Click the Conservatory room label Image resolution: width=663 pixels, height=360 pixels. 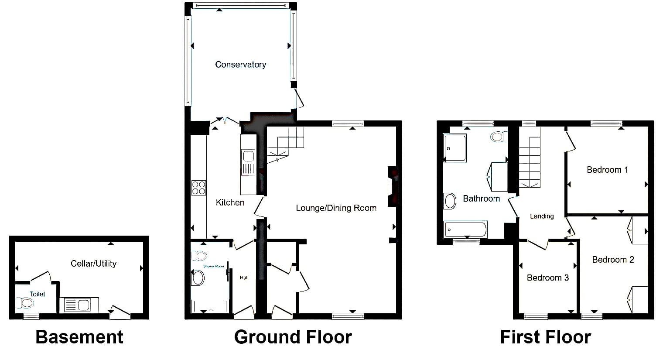coord(240,65)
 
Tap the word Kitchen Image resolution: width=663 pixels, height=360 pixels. coord(230,202)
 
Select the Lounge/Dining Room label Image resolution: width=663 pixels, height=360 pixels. coord(336,208)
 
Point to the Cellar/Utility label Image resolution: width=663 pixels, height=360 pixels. coord(93,264)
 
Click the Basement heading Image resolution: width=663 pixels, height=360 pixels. coord(79,337)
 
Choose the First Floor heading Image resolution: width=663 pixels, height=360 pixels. coord(546,337)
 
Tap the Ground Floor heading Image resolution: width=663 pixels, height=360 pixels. coord(293,337)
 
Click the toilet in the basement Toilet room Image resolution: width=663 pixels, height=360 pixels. coord(25,303)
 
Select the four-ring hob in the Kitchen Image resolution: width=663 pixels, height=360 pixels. coord(198,188)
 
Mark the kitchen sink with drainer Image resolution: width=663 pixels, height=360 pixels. coord(248,162)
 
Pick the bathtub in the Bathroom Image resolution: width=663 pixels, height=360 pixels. coord(465,230)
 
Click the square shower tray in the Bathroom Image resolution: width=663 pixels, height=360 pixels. coord(455,148)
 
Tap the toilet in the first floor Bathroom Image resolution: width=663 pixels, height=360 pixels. coord(499,137)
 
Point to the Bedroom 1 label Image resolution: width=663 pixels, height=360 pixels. coord(607,170)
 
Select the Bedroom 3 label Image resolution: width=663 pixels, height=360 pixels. coord(548,278)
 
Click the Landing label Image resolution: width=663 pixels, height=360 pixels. coord(542,216)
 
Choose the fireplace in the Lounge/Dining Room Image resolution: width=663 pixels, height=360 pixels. coord(393,186)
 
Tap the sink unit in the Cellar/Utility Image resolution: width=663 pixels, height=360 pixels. coord(79,305)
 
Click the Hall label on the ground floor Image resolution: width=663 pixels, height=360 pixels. coord(244,278)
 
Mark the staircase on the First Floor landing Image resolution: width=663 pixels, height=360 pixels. coord(530,162)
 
